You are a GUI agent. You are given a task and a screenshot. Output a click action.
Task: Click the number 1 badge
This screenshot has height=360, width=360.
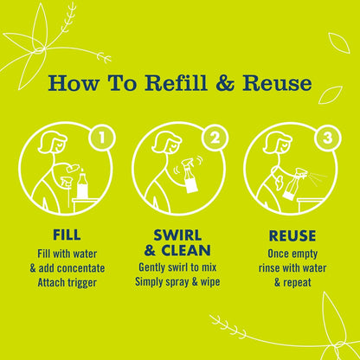tap(102, 138)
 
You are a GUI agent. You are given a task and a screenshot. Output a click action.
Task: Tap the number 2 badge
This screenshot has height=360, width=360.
tap(215, 138)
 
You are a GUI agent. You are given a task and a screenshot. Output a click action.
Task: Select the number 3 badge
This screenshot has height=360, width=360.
tap(328, 138)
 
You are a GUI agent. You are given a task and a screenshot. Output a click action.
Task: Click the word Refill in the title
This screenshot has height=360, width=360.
tap(176, 83)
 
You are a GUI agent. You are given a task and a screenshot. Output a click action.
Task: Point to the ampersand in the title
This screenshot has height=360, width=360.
tap(225, 83)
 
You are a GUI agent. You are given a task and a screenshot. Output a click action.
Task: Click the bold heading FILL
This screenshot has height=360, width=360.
tap(67, 235)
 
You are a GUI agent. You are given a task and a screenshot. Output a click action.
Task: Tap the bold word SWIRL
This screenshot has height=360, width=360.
tap(177, 235)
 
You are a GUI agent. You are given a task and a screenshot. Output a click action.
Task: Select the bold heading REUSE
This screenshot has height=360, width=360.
tap(292, 235)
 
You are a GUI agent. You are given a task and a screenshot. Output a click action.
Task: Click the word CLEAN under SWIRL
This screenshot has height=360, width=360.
tap(186, 250)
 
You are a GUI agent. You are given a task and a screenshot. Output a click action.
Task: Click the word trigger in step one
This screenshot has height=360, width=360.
tap(82, 283)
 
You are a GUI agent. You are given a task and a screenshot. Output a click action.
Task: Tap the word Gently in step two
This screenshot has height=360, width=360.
tap(153, 267)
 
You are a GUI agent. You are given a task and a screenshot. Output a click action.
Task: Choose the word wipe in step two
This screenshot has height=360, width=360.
tap(209, 282)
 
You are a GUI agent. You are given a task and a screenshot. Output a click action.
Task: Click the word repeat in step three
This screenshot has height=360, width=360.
tap(297, 283)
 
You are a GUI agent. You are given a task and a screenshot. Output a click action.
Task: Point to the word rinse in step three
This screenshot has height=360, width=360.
tap(269, 268)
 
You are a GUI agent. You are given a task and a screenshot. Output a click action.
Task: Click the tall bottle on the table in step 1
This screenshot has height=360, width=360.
tap(82, 183)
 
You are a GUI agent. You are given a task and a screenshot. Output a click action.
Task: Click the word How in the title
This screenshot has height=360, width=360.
tap(74, 83)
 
